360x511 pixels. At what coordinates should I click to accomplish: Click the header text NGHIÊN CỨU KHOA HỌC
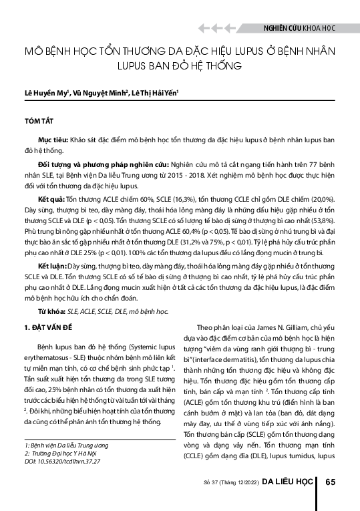(x=298, y=29)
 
